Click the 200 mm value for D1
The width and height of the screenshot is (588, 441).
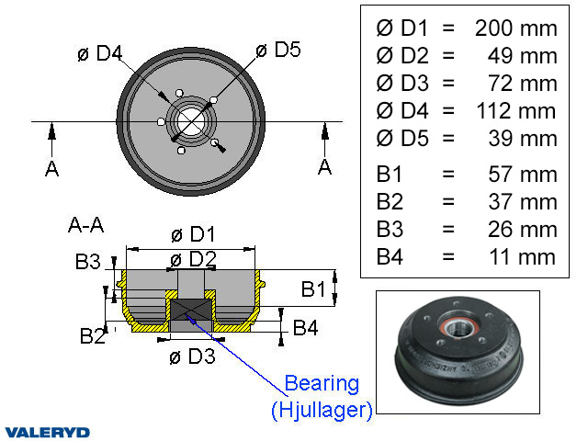[515, 28]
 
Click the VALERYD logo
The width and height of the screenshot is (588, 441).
[47, 431]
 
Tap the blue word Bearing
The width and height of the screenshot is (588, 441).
[322, 383]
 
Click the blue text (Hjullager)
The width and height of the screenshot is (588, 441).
[322, 411]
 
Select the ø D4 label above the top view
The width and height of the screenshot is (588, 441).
[101, 52]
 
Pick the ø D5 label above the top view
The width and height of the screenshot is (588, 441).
[279, 50]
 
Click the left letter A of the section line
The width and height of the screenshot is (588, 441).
[52, 168]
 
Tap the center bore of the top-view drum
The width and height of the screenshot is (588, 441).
[192, 120]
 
